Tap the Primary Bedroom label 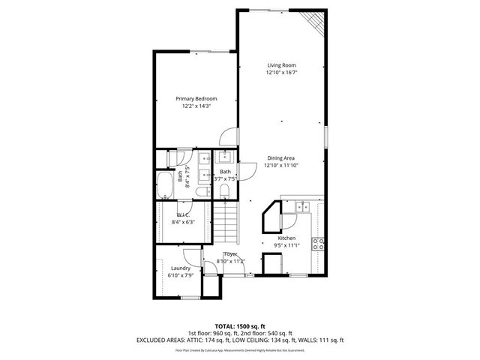196,99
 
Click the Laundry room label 180,268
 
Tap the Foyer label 230,254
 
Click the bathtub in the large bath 165,184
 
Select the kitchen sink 302,208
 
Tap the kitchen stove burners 318,243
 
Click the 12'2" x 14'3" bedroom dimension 196,106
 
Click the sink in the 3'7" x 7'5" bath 223,157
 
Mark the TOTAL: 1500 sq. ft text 240,326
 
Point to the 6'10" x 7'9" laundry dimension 181,275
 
